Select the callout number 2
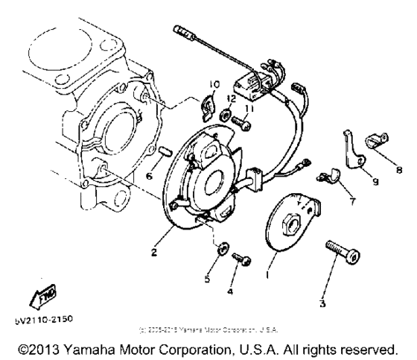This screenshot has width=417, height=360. click(x=153, y=253)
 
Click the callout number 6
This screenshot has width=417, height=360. click(x=149, y=176)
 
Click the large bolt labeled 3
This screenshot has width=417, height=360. click(x=343, y=254)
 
